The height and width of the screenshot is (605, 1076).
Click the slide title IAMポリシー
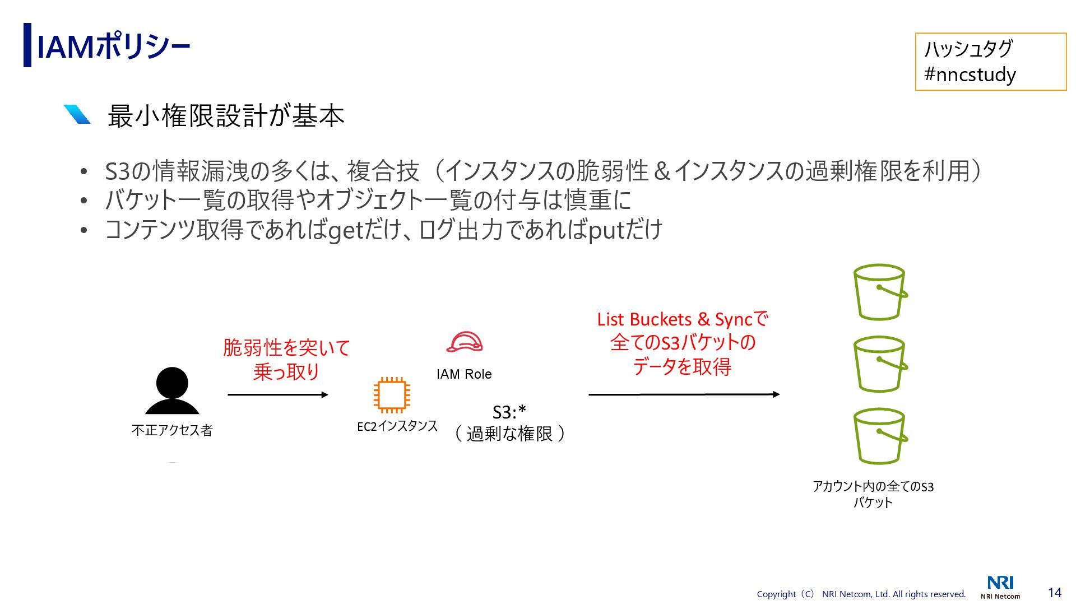click(x=113, y=46)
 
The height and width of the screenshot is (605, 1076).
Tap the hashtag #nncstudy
click(x=970, y=74)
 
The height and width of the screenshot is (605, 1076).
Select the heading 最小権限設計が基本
click(x=225, y=116)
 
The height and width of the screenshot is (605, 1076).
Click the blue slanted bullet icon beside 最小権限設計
click(x=77, y=114)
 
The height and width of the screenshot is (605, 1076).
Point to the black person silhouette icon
click(x=172, y=391)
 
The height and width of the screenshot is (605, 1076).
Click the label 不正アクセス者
click(x=172, y=430)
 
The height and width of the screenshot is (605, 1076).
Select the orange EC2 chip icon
click(x=392, y=395)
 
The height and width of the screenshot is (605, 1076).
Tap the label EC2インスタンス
click(x=397, y=426)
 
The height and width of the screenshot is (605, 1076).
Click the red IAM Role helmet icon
click(x=464, y=342)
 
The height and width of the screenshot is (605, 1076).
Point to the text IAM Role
click(x=464, y=374)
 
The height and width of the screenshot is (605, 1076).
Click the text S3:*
click(x=509, y=412)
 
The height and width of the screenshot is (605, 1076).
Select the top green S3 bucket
click(x=880, y=292)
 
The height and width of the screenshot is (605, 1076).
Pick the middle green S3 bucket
click(x=880, y=364)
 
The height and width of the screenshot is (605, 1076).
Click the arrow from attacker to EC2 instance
click(x=278, y=395)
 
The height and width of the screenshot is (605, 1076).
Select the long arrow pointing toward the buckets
click(x=684, y=394)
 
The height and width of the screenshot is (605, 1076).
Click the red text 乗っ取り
click(x=286, y=371)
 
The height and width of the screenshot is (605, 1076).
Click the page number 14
click(x=1054, y=592)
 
